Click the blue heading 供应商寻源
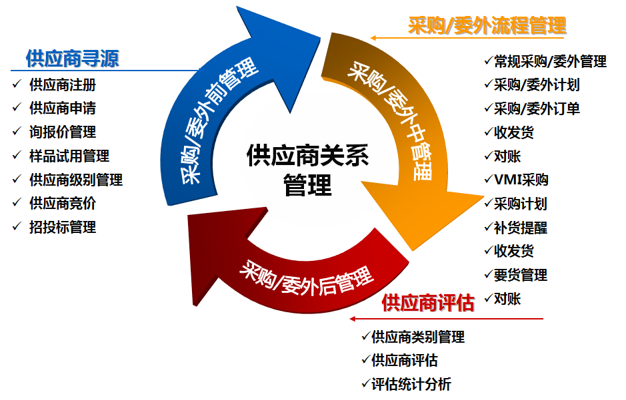pyautogui.click(x=72, y=59)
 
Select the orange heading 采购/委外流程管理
pyautogui.click(x=487, y=26)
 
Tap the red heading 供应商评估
pyautogui.click(x=428, y=303)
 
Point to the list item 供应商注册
pyautogui.click(x=63, y=85)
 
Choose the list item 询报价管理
pyautogui.click(x=63, y=132)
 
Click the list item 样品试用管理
pyautogui.click(x=69, y=156)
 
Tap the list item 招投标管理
pyautogui.click(x=63, y=227)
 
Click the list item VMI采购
pyautogui.click(x=521, y=180)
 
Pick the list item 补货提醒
pyautogui.click(x=521, y=228)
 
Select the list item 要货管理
pyautogui.click(x=521, y=275)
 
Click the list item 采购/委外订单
pyautogui.click(x=537, y=108)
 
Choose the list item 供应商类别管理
pyautogui.click(x=418, y=337)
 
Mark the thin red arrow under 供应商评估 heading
pyautogui.click(x=447, y=319)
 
